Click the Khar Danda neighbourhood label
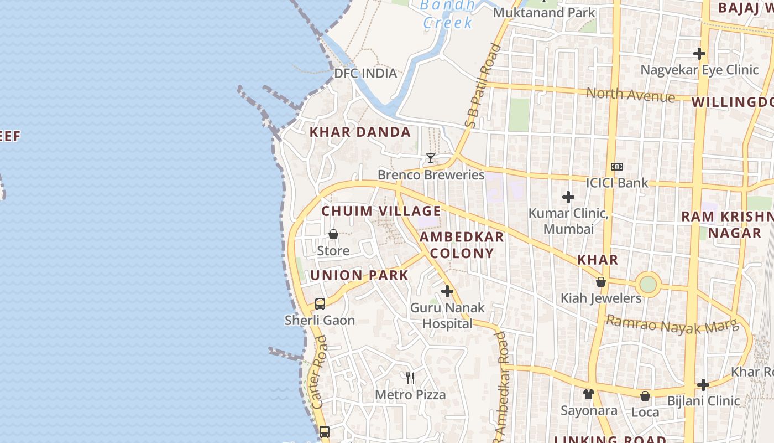pos(360,132)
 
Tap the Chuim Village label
pos(381,212)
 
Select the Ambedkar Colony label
pos(462,245)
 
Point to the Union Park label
pos(359,275)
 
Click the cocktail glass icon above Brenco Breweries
pos(430,158)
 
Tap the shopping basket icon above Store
pos(333,235)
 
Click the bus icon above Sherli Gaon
pos(320,303)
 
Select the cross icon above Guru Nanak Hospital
pos(447,291)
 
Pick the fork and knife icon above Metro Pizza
pos(410,378)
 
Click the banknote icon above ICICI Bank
pos(617,167)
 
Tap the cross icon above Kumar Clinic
pos(568,197)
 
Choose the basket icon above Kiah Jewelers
pos(601,282)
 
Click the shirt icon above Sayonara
pos(589,394)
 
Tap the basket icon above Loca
pos(645,396)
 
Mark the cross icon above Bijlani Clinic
pos(703,384)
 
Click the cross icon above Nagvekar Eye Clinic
pos(699,54)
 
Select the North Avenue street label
pos(630,95)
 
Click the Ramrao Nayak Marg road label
pos(672,325)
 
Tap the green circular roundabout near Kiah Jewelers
pos(648,285)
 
